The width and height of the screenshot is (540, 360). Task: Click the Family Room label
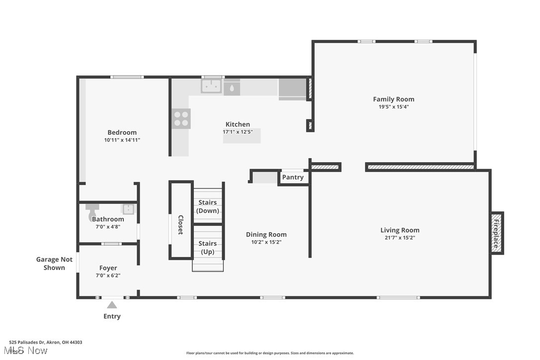point(393,99)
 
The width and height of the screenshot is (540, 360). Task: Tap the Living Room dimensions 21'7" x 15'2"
point(399,238)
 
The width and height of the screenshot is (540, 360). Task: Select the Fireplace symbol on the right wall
point(497,233)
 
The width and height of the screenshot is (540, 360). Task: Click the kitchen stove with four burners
point(181,118)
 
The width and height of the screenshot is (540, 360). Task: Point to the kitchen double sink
point(211,87)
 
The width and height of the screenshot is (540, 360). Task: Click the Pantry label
point(292,177)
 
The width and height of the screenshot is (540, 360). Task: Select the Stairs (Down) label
point(208,206)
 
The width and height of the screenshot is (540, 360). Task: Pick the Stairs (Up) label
point(208,247)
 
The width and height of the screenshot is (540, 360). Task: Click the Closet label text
point(181,225)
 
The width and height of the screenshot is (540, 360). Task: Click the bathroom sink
point(128,209)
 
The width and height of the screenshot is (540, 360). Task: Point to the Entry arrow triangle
point(112,305)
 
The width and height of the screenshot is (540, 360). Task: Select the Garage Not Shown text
point(54,263)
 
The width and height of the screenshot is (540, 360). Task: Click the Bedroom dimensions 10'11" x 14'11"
point(122,140)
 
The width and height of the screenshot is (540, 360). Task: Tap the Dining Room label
point(266,234)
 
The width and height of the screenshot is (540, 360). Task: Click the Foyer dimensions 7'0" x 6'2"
point(108,275)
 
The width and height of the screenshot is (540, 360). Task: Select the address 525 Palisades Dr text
point(45,342)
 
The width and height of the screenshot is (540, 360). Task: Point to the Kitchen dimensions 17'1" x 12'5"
point(238,132)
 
